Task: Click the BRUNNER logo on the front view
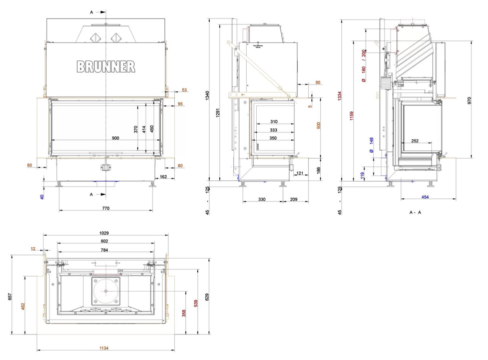click(x=106, y=66)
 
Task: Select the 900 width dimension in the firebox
click(x=115, y=138)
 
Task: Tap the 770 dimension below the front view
click(x=106, y=207)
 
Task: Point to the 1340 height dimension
click(x=207, y=96)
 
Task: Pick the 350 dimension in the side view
click(x=273, y=138)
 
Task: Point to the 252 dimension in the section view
click(x=414, y=141)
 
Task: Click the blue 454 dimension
click(x=425, y=197)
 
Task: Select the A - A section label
click(x=415, y=212)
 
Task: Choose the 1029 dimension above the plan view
click(x=105, y=232)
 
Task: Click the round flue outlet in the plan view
click(x=106, y=290)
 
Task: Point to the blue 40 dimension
click(x=42, y=196)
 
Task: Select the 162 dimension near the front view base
click(x=163, y=176)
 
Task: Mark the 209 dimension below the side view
click(x=294, y=199)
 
